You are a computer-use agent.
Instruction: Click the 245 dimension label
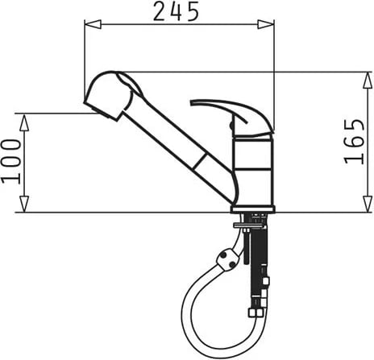(177, 11)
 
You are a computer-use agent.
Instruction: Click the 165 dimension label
(355, 142)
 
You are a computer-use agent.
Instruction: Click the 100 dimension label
(11, 161)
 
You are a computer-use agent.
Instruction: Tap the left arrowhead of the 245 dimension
(93, 24)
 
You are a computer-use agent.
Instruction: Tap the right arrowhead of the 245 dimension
(266, 24)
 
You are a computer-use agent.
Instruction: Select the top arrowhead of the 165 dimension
(368, 81)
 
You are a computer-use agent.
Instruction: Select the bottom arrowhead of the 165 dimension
(368, 204)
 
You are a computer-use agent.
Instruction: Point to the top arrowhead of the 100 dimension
(24, 122)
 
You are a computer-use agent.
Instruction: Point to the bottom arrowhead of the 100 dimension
(24, 204)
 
